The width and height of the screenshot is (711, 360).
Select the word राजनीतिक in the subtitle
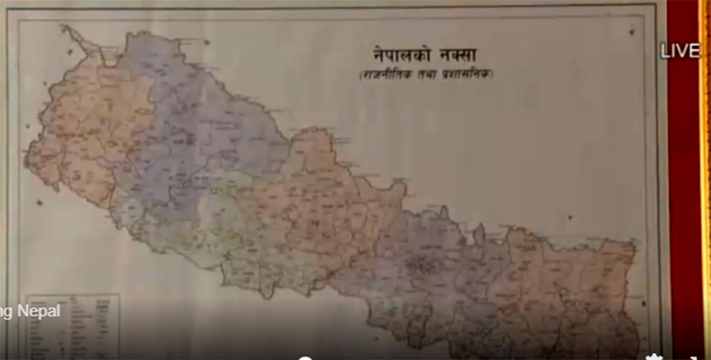click(x=383, y=74)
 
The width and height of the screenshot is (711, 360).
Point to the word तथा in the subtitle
click(x=423, y=74)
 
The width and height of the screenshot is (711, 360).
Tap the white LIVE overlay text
click(x=680, y=50)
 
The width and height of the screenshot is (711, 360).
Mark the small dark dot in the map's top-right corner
click(x=631, y=31)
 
